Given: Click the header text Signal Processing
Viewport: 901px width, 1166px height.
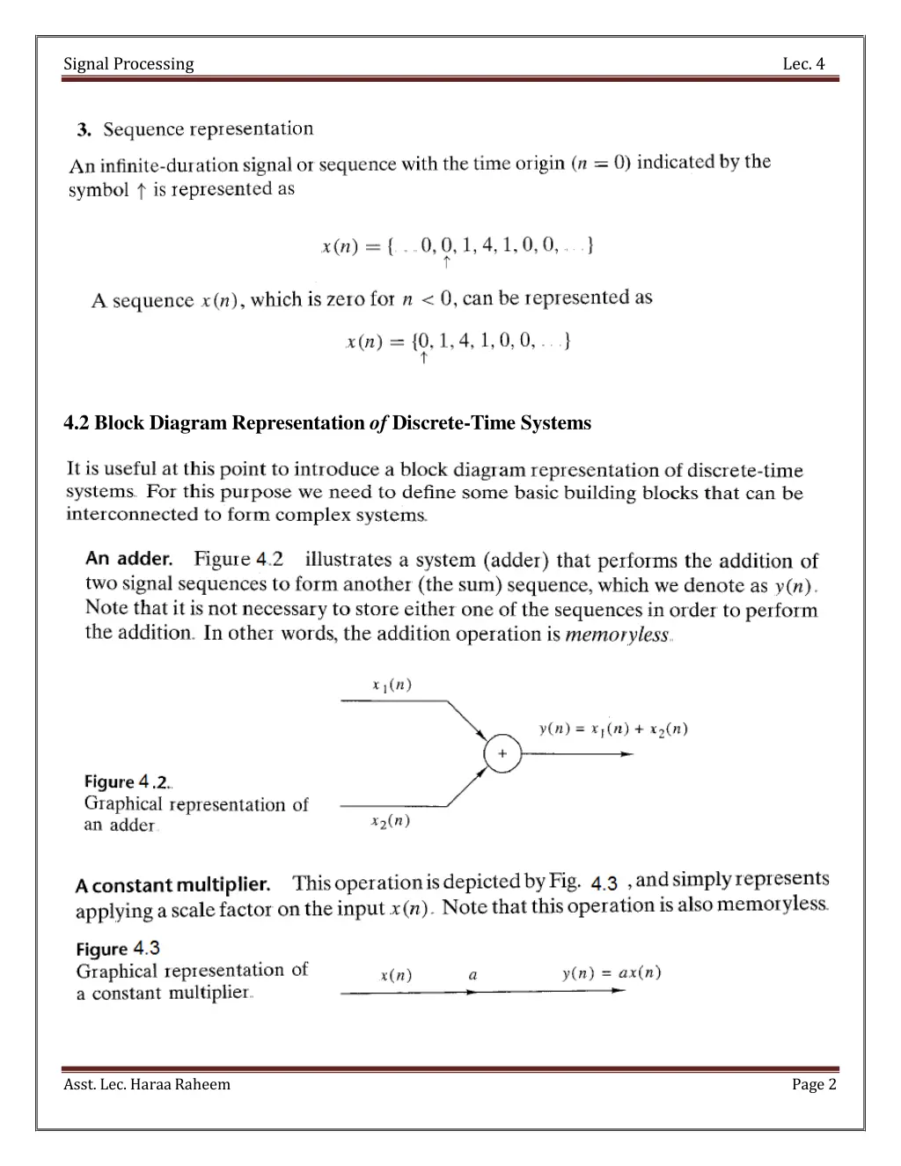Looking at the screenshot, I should pyautogui.click(x=128, y=63).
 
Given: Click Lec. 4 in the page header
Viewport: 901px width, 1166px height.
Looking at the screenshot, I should pyautogui.click(x=803, y=63).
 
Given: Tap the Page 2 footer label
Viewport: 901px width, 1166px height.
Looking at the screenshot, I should pyautogui.click(x=814, y=1084).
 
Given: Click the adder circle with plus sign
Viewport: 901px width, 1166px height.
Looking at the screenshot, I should pyautogui.click(x=502, y=754).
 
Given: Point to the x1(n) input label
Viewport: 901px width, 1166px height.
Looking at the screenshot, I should pyautogui.click(x=392, y=686).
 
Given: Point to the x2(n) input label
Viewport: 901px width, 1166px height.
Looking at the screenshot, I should pyautogui.click(x=391, y=821).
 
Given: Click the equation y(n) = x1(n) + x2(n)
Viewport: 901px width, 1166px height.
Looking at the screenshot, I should pyautogui.click(x=613, y=729).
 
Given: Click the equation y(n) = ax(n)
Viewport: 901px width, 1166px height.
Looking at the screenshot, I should pyautogui.click(x=612, y=972).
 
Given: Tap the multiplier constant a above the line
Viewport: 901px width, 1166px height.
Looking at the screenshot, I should pyautogui.click(x=473, y=975).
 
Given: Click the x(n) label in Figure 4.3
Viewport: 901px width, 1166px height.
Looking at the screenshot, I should pyautogui.click(x=396, y=976).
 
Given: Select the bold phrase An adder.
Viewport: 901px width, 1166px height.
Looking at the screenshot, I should pyautogui.click(x=128, y=559).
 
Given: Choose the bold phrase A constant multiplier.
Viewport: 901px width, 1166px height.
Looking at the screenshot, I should pyautogui.click(x=172, y=884).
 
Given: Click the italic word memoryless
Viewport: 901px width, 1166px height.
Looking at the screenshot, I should pyautogui.click(x=617, y=634).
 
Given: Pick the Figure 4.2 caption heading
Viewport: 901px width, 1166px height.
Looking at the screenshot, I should pyautogui.click(x=128, y=782).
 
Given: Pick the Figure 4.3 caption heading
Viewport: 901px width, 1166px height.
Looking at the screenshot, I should pyautogui.click(x=118, y=949).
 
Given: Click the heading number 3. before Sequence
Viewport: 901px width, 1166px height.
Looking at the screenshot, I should pyautogui.click(x=84, y=130).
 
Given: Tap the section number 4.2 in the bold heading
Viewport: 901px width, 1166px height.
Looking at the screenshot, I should pyautogui.click(x=76, y=423).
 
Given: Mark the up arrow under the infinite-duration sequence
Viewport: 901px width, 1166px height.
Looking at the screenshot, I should pyautogui.click(x=447, y=262).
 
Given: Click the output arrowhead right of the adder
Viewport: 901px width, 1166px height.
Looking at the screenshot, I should pyautogui.click(x=626, y=754).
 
